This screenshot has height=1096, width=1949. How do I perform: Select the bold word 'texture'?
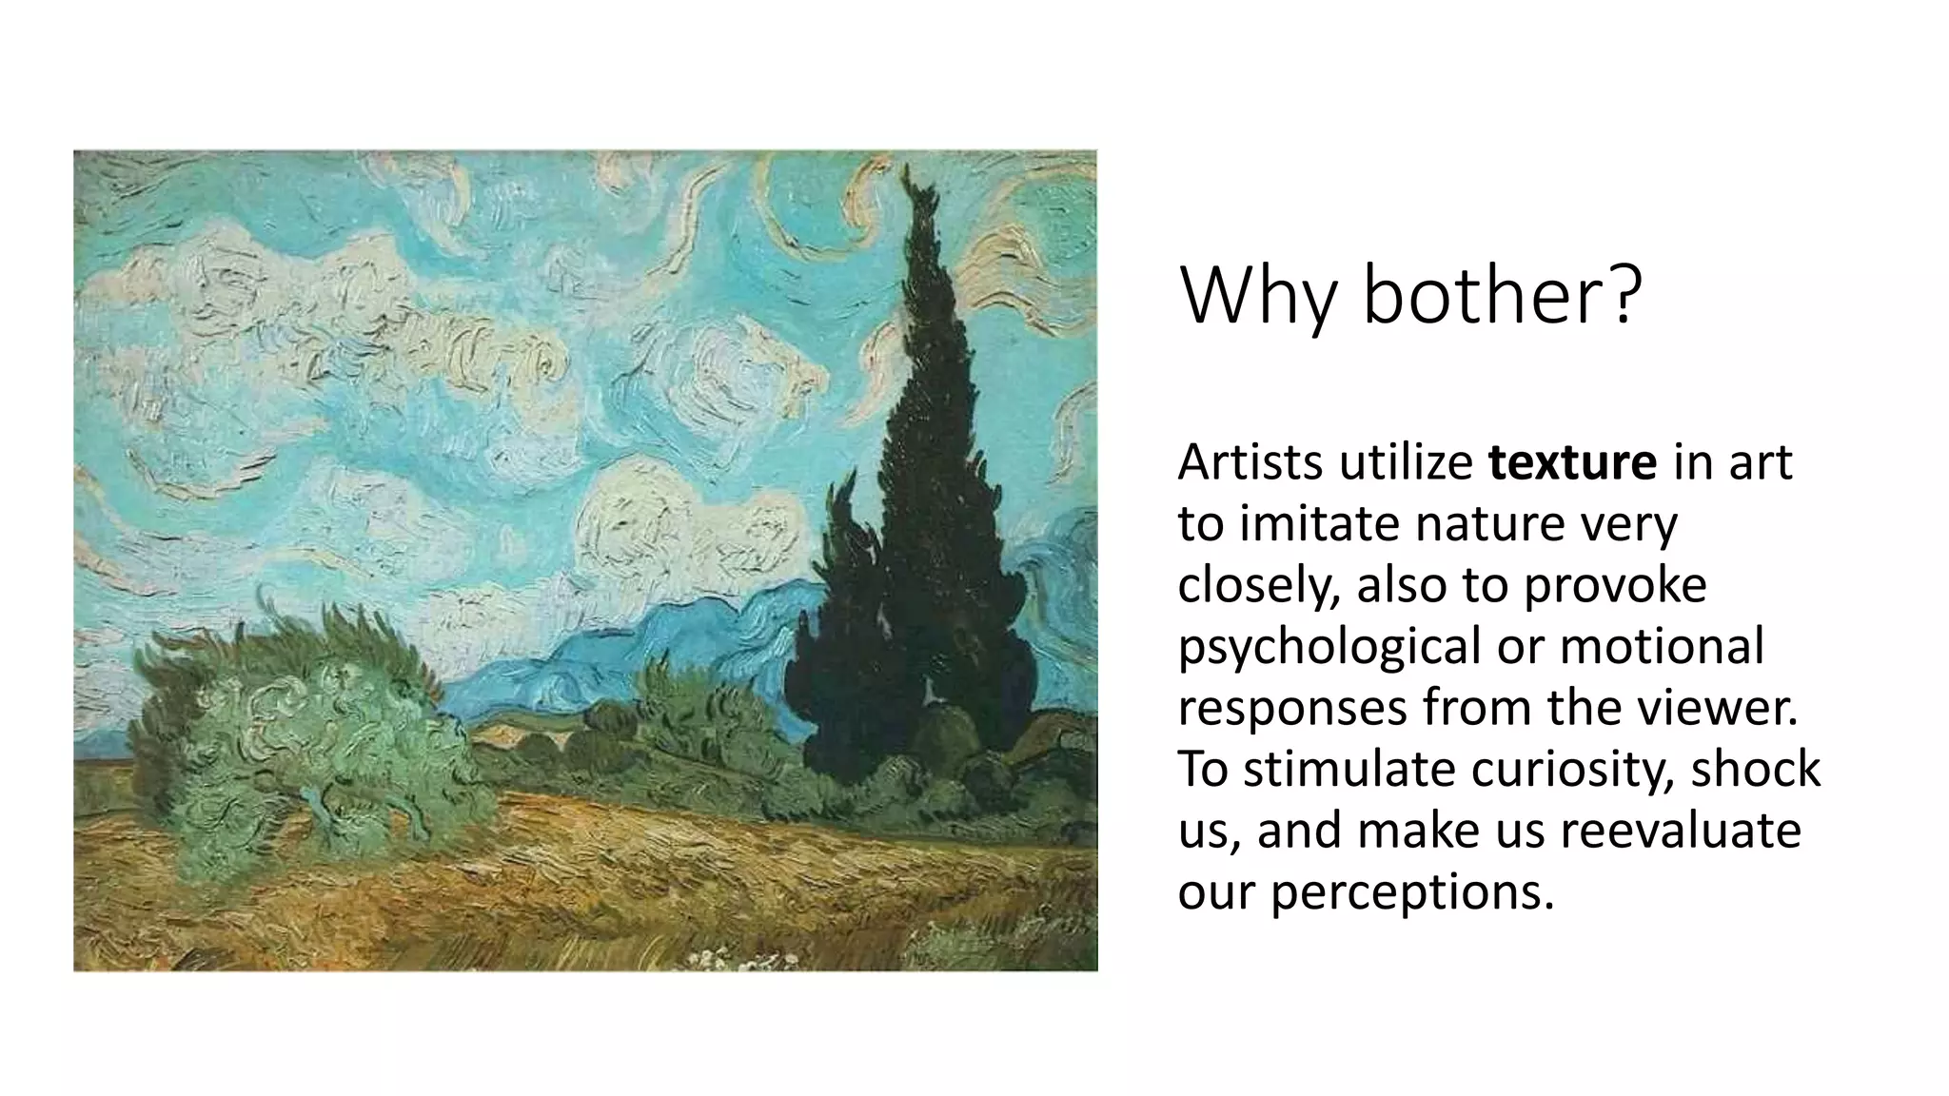(1572, 462)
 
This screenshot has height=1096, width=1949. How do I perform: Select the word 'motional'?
(1662, 646)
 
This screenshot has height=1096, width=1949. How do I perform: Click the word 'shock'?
(1755, 769)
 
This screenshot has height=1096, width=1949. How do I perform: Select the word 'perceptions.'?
(1412, 892)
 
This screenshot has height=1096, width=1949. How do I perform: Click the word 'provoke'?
(1615, 585)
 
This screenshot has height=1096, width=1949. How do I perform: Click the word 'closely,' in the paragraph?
(1258, 585)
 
